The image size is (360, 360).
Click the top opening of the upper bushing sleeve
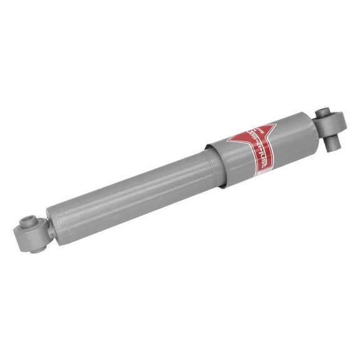pos(323,114)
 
